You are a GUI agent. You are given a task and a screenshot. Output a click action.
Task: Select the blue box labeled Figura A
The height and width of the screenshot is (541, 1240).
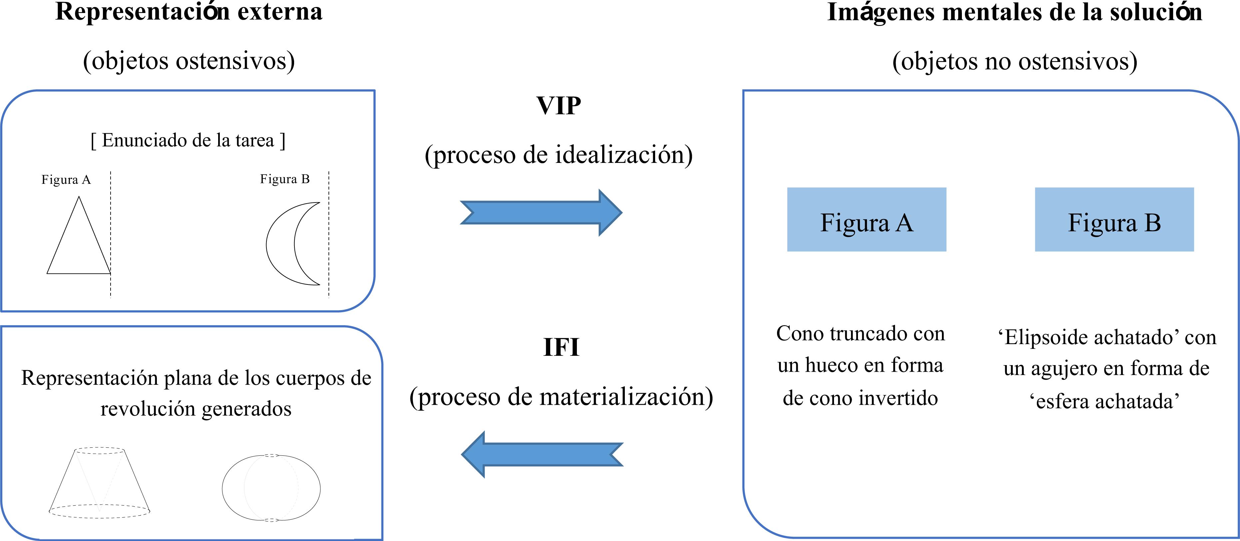(x=866, y=220)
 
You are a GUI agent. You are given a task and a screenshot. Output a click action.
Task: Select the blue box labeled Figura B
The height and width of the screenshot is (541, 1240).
(x=1114, y=220)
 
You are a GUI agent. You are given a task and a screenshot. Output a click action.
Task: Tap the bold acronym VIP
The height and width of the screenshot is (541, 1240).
(x=559, y=106)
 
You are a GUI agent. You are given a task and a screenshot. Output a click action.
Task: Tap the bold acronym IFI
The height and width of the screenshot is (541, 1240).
(x=561, y=347)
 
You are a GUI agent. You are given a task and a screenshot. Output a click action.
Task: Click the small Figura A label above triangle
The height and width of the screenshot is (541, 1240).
(x=66, y=180)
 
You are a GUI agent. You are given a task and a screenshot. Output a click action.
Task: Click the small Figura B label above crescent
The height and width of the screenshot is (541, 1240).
(x=284, y=179)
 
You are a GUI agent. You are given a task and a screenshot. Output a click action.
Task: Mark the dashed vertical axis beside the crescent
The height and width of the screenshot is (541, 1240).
(x=329, y=236)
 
